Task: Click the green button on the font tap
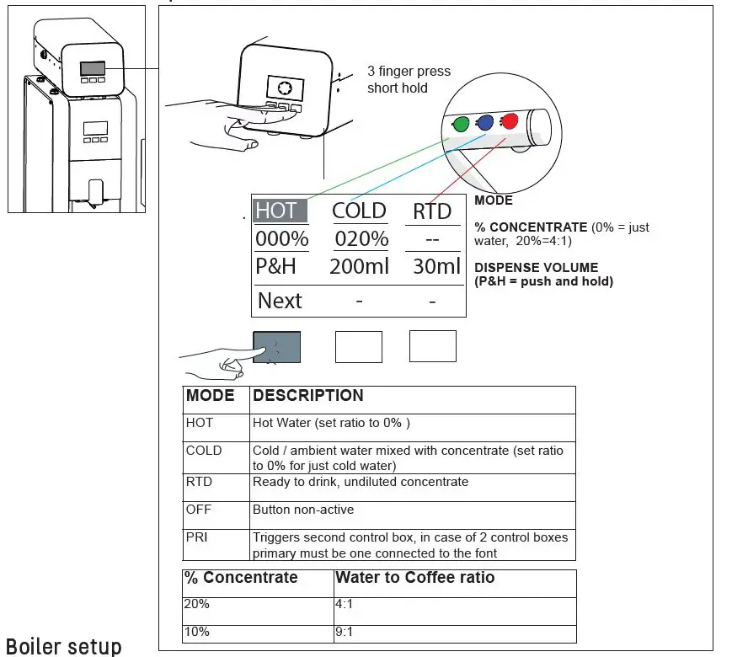click(460, 126)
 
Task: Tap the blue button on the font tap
click(484, 123)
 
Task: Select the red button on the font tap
click(509, 120)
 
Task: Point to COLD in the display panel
click(359, 211)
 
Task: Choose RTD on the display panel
click(432, 211)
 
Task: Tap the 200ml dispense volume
click(360, 267)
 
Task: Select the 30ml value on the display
click(437, 267)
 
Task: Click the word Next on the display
click(280, 301)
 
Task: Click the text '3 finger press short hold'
click(409, 80)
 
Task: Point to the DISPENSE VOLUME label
click(536, 268)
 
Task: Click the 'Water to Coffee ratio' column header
click(414, 578)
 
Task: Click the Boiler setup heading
click(64, 646)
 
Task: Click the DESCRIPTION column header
click(308, 395)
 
